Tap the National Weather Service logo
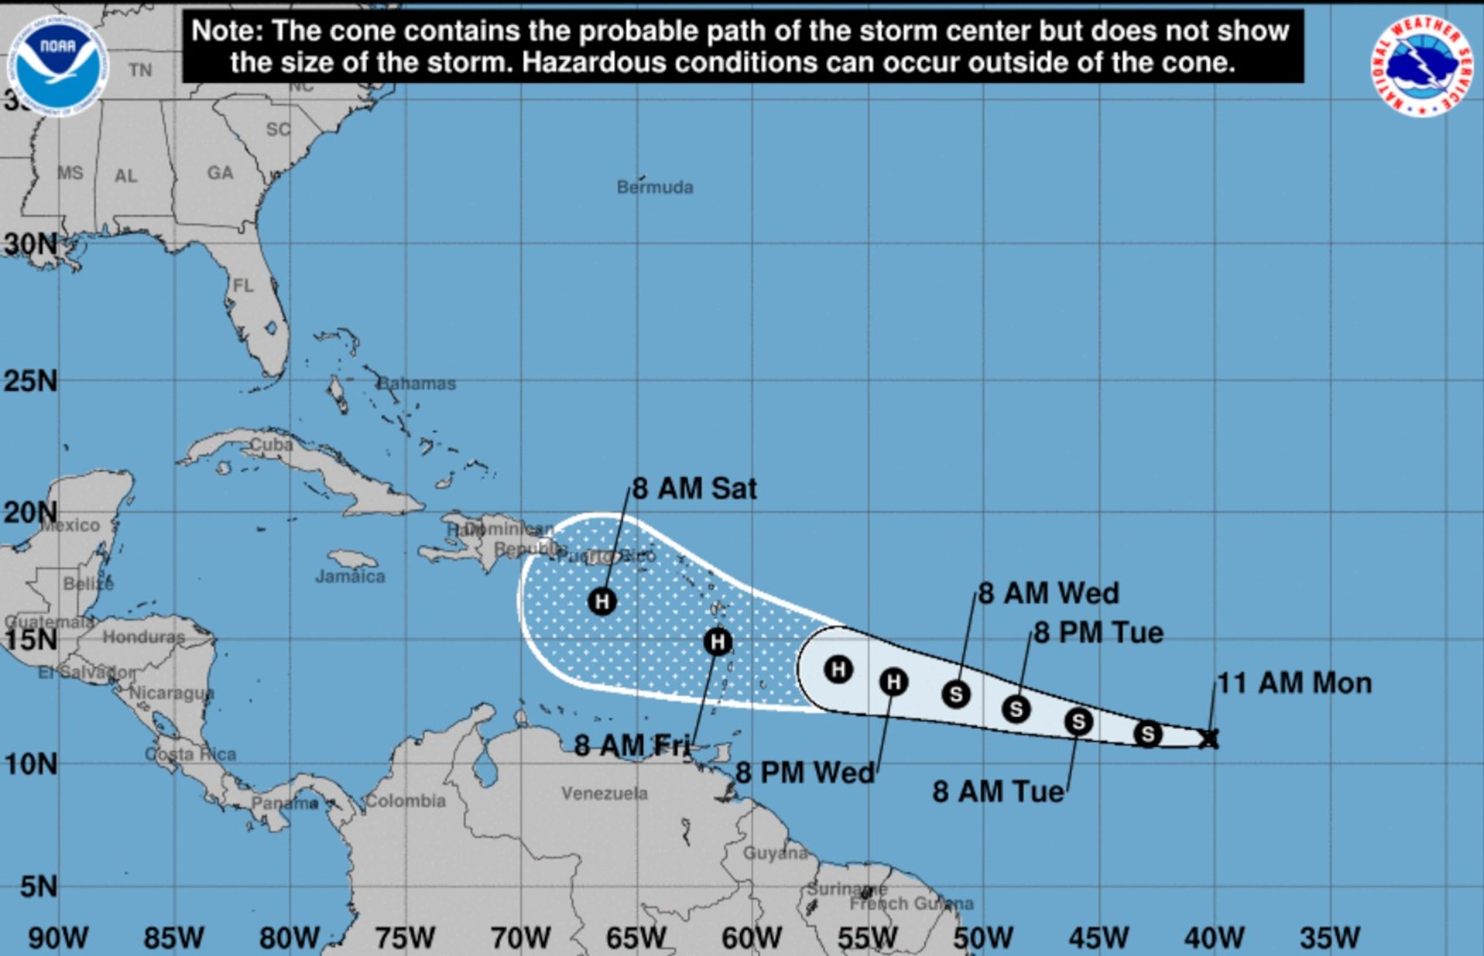coord(1421,66)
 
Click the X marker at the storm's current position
coord(1208,738)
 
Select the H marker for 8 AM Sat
coord(602,601)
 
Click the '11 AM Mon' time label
coord(1294,684)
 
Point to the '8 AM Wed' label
coord(1049,593)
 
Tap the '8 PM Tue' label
coord(1099,633)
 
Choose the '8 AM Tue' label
coord(998,791)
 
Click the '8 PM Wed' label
coord(805,773)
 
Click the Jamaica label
coord(350,576)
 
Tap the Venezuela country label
coord(604,793)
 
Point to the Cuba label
coord(271,444)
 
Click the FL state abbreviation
coord(243,285)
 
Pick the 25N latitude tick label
coord(30,381)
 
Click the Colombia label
coord(405,801)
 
